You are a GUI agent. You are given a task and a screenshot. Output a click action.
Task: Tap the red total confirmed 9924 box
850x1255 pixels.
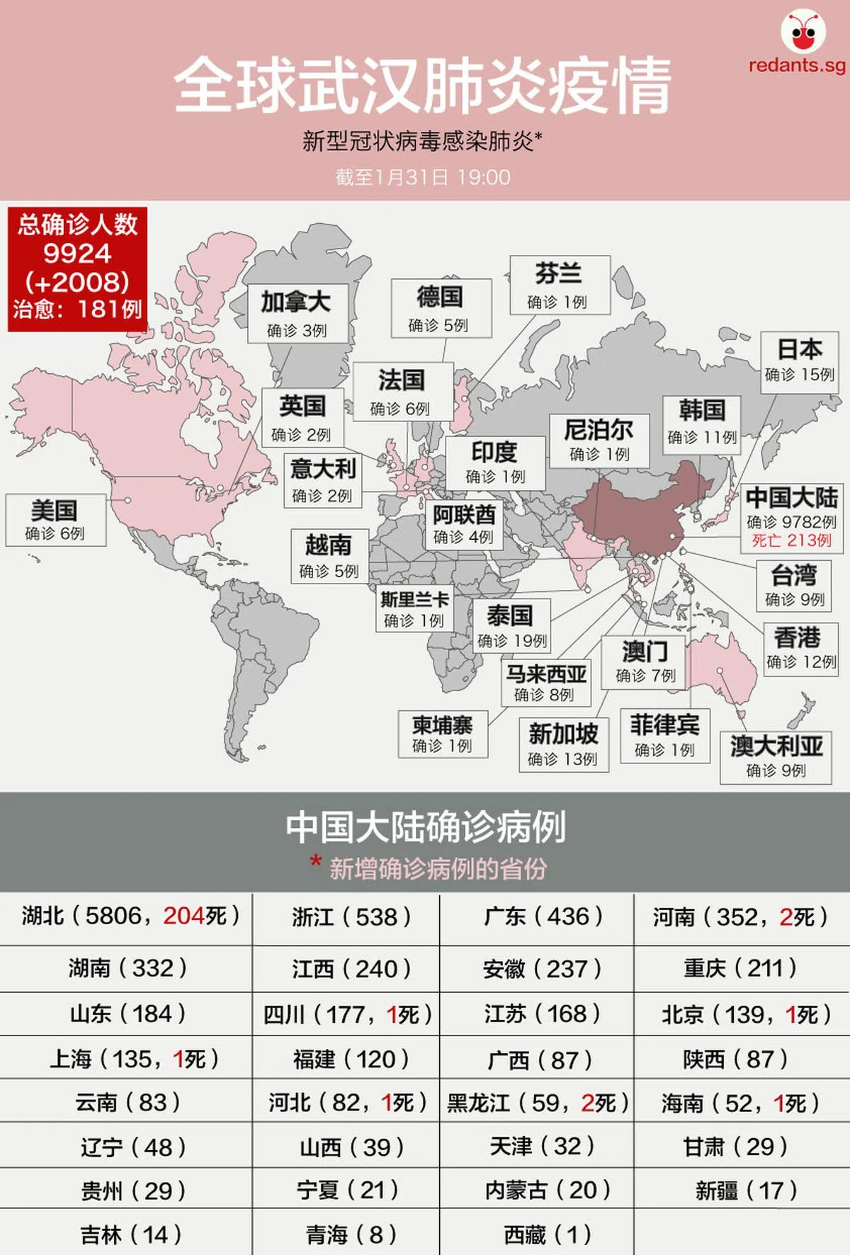click(77, 268)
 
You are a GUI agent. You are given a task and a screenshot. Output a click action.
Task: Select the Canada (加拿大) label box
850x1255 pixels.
click(297, 313)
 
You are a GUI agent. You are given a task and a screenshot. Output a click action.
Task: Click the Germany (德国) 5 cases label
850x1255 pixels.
click(440, 307)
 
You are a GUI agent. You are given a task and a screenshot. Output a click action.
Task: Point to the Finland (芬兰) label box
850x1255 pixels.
click(559, 285)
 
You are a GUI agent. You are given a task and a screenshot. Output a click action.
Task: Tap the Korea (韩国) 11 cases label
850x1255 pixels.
click(702, 422)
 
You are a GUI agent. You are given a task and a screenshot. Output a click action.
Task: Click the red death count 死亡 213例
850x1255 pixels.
click(791, 541)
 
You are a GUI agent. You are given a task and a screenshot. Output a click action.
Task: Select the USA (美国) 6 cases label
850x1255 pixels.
click(55, 520)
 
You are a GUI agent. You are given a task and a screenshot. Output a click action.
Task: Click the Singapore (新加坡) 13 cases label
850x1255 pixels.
click(563, 744)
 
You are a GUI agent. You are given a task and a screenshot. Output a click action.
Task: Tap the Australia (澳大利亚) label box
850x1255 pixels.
click(776, 756)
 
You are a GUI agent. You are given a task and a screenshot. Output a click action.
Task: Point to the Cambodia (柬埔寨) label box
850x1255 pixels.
click(443, 734)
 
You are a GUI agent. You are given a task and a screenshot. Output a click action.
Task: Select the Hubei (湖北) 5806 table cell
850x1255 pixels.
click(126, 916)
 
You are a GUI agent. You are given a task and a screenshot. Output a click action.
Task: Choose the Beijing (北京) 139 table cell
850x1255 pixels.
click(742, 1014)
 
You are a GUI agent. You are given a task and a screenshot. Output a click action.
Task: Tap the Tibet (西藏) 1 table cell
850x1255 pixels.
click(536, 1235)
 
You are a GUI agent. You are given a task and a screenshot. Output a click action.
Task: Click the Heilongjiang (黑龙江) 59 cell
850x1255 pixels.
click(536, 1103)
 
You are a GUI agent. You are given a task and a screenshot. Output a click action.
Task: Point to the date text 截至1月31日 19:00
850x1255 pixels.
click(423, 177)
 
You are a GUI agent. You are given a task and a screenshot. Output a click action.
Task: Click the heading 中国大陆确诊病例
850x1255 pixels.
click(425, 827)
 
